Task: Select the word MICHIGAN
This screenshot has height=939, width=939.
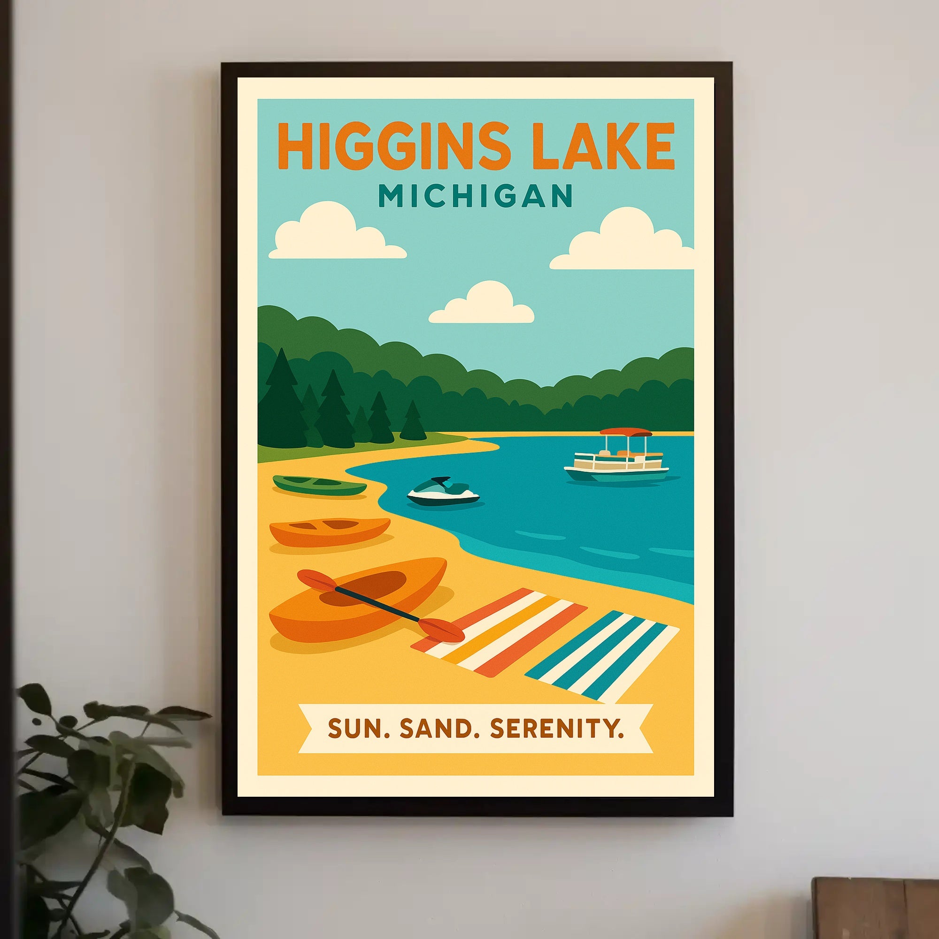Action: [x=475, y=195]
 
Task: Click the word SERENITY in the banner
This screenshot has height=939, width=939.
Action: [x=556, y=729]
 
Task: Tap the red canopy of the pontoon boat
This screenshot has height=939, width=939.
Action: [x=625, y=432]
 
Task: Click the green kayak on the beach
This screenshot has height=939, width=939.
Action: [x=319, y=485]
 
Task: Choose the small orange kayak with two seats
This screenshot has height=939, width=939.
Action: [x=330, y=531]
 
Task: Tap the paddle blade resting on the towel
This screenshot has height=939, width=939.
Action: [x=441, y=630]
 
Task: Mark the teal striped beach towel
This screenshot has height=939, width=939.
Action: [x=602, y=655]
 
